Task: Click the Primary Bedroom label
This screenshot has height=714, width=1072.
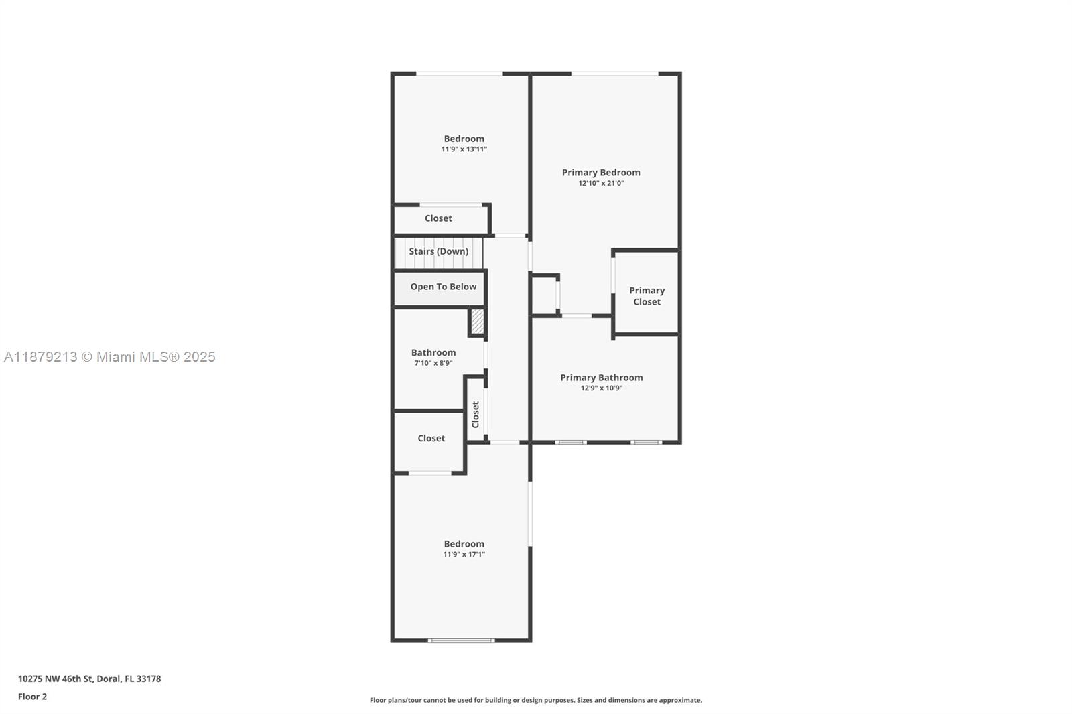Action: pos(601,173)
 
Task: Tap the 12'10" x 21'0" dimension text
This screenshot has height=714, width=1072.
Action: pos(601,183)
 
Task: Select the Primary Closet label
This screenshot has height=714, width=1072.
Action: pos(647,296)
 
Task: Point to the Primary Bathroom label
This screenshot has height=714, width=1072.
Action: pos(601,378)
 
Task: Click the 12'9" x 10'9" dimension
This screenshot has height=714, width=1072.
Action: pos(601,388)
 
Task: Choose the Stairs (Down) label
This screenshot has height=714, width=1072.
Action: pos(438,252)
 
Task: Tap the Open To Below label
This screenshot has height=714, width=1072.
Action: pos(443,287)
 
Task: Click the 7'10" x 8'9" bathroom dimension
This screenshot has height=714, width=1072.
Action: pos(433,364)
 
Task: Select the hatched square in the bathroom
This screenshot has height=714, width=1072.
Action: pos(476,322)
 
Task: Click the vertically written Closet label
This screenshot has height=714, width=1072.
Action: pos(476,415)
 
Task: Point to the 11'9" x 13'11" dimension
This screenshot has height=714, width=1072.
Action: pos(464,149)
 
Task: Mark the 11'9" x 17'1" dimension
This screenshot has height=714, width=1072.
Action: pos(464,555)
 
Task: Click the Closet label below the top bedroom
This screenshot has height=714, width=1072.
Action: pos(438,218)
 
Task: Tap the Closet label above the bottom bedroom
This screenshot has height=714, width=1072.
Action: pos(431,439)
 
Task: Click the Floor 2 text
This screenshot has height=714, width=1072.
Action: pos(32,697)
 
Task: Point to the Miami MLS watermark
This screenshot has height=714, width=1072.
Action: pos(110,357)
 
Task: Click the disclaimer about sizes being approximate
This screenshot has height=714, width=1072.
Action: pos(536,700)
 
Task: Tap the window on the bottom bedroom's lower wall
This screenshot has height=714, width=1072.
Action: pos(462,640)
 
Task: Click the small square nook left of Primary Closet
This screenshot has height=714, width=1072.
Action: pos(544,295)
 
